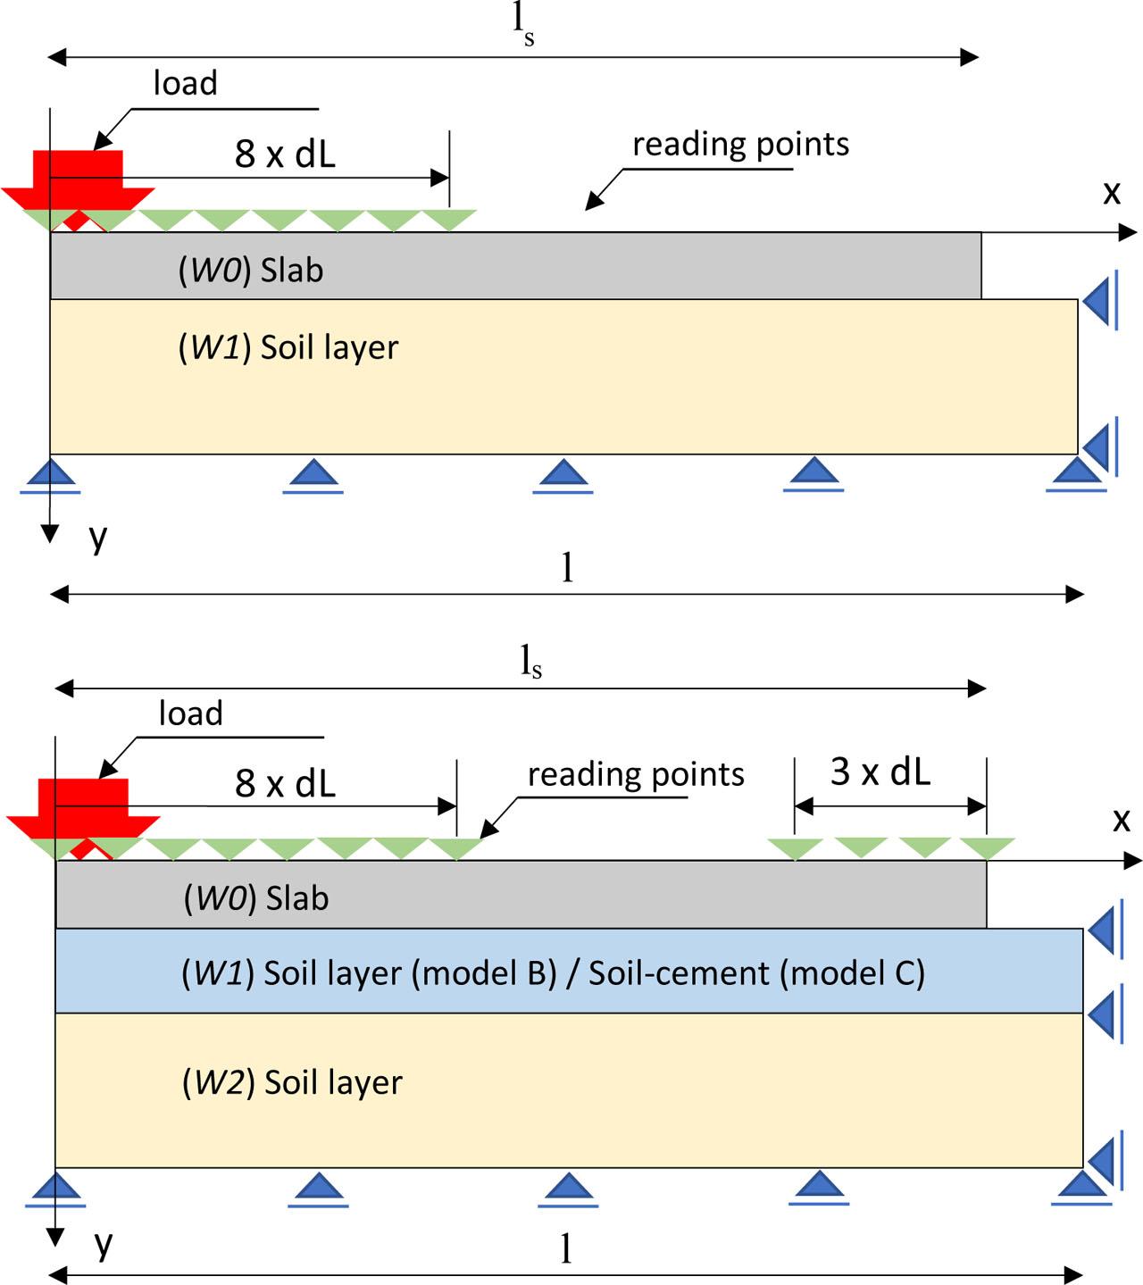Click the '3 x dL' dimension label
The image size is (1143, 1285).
click(x=880, y=772)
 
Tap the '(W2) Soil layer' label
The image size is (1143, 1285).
click(x=292, y=1082)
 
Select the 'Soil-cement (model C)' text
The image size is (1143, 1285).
click(x=756, y=972)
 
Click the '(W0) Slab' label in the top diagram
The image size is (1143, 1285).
click(x=251, y=270)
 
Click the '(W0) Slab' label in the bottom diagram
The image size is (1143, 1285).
click(x=256, y=898)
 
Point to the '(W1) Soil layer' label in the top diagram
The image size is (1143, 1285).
click(x=288, y=347)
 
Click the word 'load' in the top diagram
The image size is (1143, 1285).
click(x=186, y=83)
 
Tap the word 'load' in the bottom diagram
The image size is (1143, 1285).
click(x=190, y=713)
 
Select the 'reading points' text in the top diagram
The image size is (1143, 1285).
click(x=740, y=144)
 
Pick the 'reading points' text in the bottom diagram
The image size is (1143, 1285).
click(x=635, y=774)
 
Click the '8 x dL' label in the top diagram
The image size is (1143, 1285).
click(x=285, y=154)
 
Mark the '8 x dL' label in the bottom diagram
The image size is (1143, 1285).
click(x=285, y=783)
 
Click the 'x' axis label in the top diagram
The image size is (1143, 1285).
click(x=1111, y=192)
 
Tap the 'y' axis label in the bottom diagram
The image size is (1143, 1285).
click(x=104, y=1242)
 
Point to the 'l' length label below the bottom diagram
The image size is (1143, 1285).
click(x=565, y=1250)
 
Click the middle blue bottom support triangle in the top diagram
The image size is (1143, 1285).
click(x=563, y=473)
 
